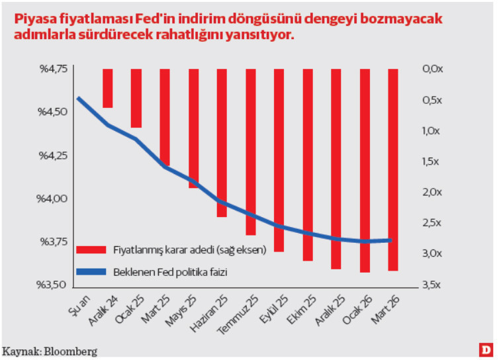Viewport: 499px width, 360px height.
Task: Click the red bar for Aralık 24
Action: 107,88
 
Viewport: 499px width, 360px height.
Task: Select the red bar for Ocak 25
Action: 136,98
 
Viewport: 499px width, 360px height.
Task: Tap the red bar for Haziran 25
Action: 222,142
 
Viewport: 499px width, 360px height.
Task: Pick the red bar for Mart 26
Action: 392,169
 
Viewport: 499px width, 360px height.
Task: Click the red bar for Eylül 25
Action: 279,159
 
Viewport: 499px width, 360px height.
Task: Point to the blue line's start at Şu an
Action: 78,98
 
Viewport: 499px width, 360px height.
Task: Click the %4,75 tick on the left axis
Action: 54,69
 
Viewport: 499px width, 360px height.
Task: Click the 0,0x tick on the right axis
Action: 431,69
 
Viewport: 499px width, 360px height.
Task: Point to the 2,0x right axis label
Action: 431,192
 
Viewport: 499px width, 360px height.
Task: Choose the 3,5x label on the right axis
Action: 431,285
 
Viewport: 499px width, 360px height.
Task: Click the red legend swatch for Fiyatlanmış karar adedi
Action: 91,250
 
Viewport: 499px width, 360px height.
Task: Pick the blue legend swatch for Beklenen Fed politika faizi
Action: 91,271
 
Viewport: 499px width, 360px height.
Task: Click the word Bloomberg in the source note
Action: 70,351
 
